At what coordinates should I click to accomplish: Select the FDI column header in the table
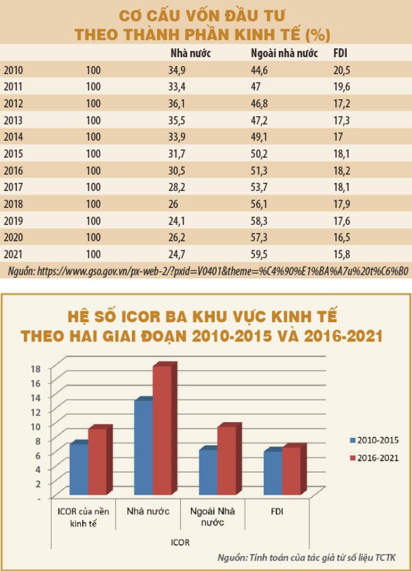click(x=340, y=53)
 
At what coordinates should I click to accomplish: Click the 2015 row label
click(x=14, y=154)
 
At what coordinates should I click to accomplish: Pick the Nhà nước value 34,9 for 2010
click(x=178, y=70)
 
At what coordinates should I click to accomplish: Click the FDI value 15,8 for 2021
click(x=342, y=254)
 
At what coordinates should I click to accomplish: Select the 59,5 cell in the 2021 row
click(x=260, y=254)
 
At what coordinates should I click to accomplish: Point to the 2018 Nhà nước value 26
click(x=173, y=204)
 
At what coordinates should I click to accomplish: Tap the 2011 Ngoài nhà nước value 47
click(x=256, y=87)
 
